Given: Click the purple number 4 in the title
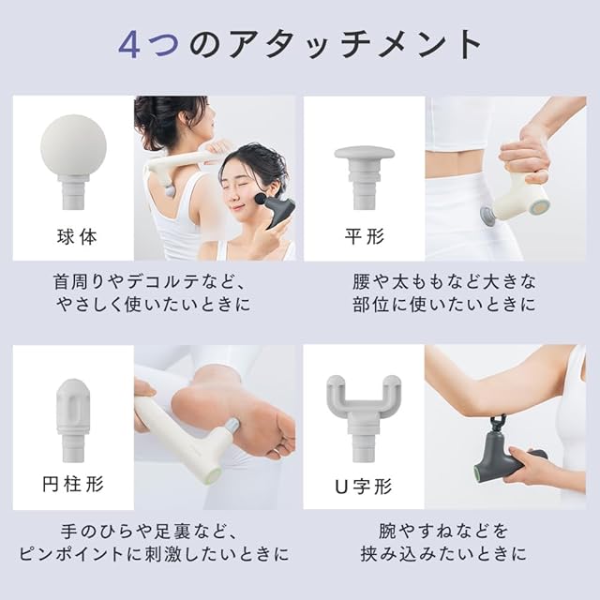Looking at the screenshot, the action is [x=128, y=44].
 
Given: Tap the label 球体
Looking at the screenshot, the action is [x=77, y=237].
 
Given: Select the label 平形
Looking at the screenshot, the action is [x=365, y=236].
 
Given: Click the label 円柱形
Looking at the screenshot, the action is [x=73, y=484].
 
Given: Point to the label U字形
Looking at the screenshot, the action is [x=364, y=487].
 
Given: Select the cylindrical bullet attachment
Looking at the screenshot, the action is [x=73, y=420].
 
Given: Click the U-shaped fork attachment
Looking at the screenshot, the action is [x=364, y=417].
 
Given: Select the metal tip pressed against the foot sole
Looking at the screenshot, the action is [x=232, y=425].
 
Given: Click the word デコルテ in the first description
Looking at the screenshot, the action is [x=156, y=282].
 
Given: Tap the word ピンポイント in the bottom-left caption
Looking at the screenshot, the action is [x=71, y=554].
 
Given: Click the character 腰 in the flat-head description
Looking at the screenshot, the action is [x=361, y=282].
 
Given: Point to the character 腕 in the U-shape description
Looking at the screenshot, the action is [x=387, y=532].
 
